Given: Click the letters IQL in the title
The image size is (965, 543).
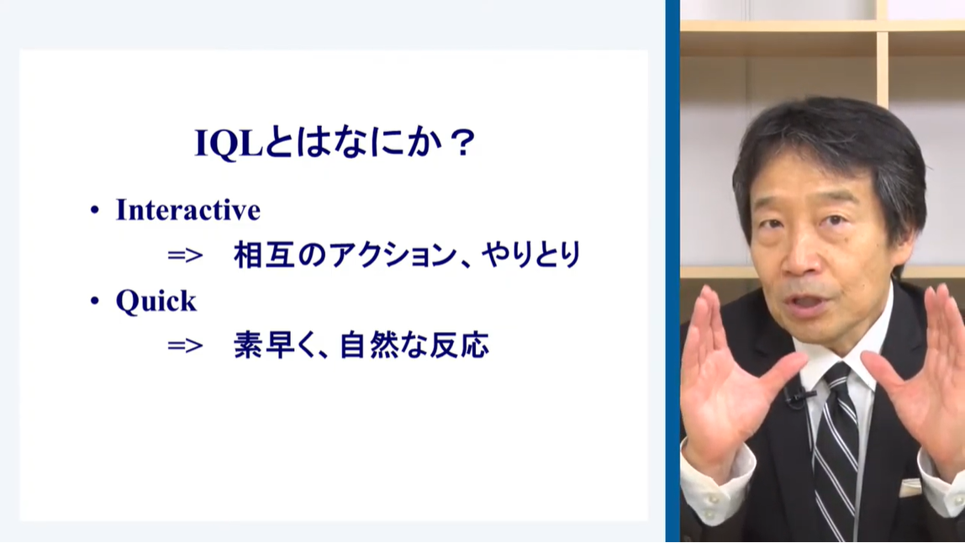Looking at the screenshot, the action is coord(229,143).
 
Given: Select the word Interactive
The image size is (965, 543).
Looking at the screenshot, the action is coord(187,210).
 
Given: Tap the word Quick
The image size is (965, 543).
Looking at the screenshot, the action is coord(156,301).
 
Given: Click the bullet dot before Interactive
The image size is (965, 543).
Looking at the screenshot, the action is coord(94,210).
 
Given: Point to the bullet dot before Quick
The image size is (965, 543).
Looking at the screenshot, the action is coord(94,301).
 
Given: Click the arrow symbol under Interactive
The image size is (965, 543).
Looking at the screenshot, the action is coord(185,255).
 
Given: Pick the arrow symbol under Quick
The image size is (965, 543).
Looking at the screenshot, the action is coord(185,345).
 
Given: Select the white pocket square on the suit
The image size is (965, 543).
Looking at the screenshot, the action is coord(910,488).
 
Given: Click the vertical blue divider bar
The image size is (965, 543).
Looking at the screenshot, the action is coord(672,271).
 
